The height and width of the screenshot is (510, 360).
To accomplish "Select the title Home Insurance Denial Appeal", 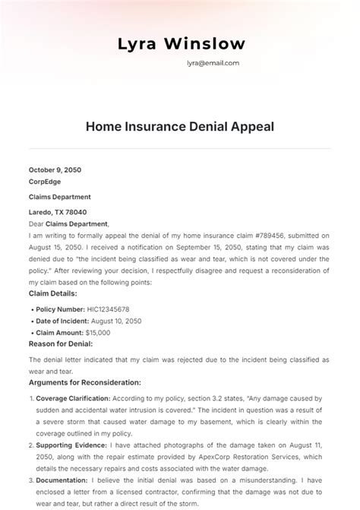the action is [180, 126].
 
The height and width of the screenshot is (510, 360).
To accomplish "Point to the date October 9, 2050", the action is [55, 170].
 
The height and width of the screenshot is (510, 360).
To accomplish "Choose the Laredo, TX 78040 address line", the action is [58, 213].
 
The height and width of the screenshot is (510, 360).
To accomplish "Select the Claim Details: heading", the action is [54, 293].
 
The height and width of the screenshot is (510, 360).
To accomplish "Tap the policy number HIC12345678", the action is [107, 310].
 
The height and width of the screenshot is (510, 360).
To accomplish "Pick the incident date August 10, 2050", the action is [115, 322].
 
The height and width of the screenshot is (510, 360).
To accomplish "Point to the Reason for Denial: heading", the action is [61, 344].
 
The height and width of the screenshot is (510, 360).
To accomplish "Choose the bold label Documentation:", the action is [62, 480].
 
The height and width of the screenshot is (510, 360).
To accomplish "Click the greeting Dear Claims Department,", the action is [69, 224].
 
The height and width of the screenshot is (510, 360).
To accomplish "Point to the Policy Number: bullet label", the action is [60, 310].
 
